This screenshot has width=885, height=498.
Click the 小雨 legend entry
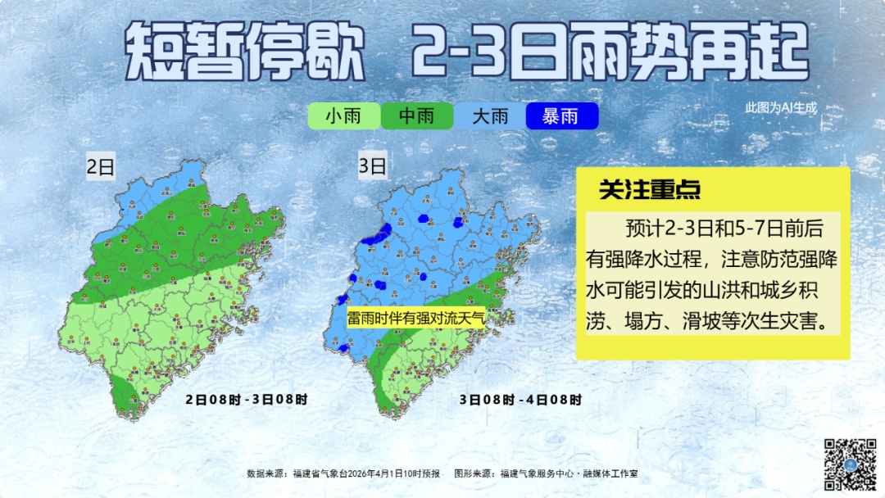pyautogui.click(x=343, y=116)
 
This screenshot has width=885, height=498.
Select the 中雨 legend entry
pyautogui.click(x=416, y=116)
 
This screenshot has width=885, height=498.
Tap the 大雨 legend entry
pyautogui.click(x=490, y=116)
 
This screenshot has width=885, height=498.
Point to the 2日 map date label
pyautogui.click(x=101, y=167)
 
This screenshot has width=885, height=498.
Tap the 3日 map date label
pyautogui.click(x=372, y=167)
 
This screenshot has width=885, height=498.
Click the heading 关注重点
pyautogui.click(x=650, y=190)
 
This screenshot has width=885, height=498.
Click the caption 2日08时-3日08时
pyautogui.click(x=247, y=400)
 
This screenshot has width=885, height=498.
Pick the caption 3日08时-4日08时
pyautogui.click(x=520, y=400)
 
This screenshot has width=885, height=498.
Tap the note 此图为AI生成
pyautogui.click(x=781, y=107)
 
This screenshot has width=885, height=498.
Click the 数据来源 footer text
pyautogui.click(x=343, y=473)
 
